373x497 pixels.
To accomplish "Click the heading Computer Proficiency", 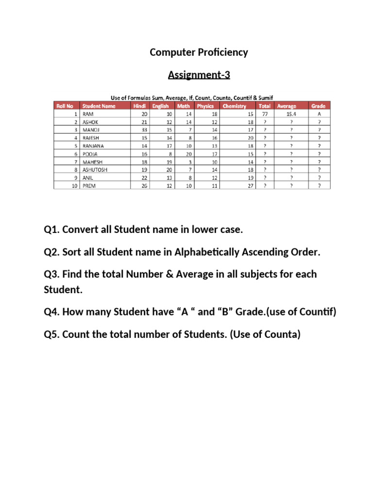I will click(199, 52).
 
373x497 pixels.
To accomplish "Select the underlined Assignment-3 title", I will click(199, 75).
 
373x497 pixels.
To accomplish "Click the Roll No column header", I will click(65, 106).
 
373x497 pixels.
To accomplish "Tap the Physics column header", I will click(205, 106).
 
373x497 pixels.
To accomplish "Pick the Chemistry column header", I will click(234, 106).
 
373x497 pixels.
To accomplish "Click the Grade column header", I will click(318, 106).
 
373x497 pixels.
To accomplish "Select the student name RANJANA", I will click(93, 145).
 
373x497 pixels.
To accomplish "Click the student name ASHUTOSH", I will click(95, 169).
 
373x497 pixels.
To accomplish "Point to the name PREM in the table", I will click(90, 185).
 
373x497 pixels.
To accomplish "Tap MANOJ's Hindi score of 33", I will click(143, 130).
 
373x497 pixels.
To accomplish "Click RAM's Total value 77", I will click(265, 114).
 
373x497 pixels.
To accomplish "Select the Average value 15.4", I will click(291, 114).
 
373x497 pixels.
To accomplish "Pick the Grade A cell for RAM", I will click(319, 114).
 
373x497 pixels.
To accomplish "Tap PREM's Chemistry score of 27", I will click(250, 185).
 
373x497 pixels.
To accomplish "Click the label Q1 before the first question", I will click(52, 230).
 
